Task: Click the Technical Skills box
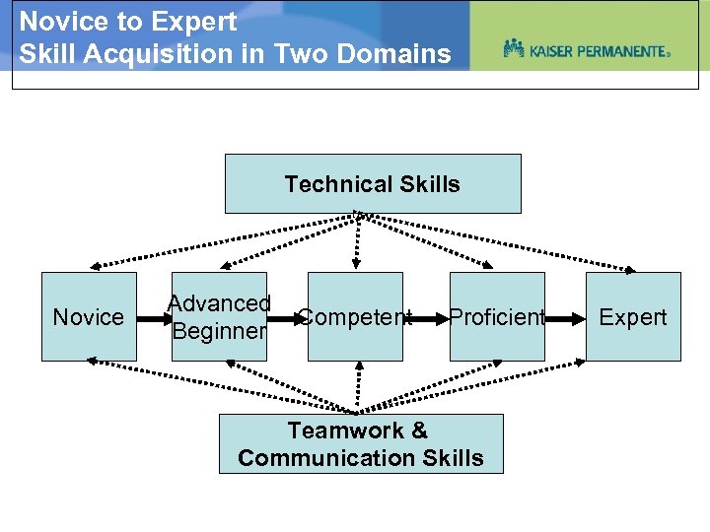tap(373, 183)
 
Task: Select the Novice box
tap(89, 316)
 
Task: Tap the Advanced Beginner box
tap(219, 316)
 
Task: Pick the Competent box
tap(355, 316)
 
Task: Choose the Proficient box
tap(497, 316)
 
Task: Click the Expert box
tap(633, 316)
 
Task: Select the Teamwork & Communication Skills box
tap(361, 443)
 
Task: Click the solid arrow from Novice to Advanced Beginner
tap(154, 318)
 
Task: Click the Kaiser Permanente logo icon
tap(513, 48)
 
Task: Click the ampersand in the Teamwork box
tap(419, 431)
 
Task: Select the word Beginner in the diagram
tap(219, 331)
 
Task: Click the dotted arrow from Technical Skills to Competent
tap(356, 241)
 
